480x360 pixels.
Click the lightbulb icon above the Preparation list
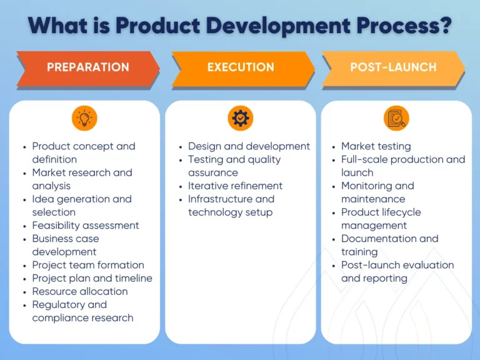click(84, 118)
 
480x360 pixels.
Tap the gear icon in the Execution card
click(241, 118)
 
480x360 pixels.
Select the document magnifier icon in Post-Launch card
click(396, 118)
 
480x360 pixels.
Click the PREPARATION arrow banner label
click(88, 67)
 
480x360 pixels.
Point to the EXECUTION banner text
click(241, 67)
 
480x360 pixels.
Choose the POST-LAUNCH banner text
click(393, 67)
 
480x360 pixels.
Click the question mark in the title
click(444, 25)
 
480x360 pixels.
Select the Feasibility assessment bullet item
click(86, 226)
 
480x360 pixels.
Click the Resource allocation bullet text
click(80, 291)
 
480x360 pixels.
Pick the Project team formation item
click(88, 265)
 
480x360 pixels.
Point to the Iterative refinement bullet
click(236, 186)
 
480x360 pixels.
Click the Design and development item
click(249, 146)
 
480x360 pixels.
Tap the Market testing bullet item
click(376, 146)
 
